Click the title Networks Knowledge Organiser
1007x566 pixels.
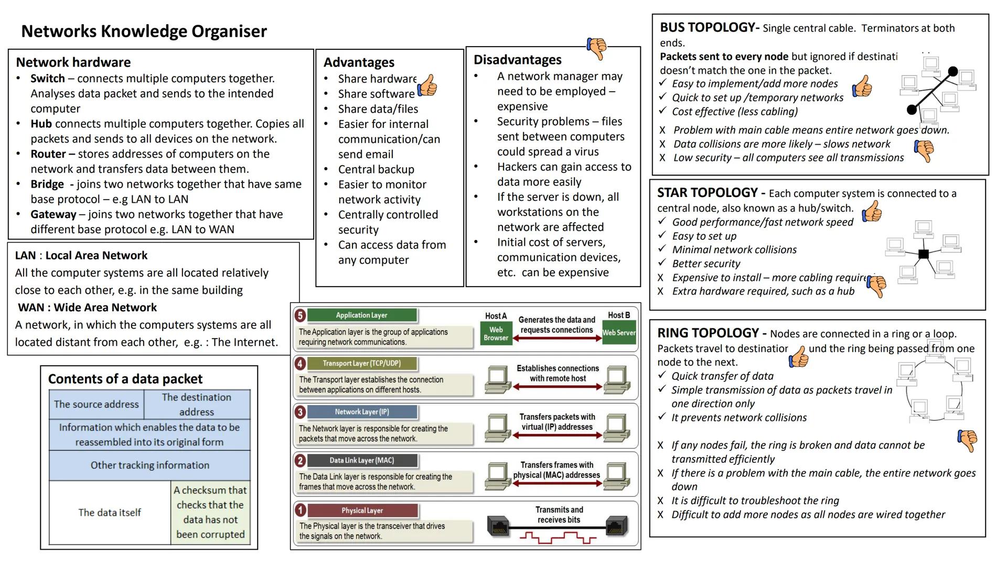point(144,31)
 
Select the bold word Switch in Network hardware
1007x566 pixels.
point(48,79)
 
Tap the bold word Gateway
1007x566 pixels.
point(53,214)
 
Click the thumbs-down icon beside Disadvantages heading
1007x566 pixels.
point(596,48)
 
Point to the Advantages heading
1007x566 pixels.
point(359,62)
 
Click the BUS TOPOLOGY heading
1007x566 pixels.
point(706,27)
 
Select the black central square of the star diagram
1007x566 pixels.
point(924,254)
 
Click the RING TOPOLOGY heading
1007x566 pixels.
point(708,333)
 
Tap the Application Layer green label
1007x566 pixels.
point(362,315)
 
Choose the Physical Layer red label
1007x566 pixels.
point(362,510)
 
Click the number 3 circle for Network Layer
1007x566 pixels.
point(300,412)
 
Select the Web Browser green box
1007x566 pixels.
point(496,333)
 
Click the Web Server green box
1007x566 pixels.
point(619,333)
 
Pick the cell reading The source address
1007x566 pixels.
point(97,404)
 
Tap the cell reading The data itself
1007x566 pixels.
point(110,513)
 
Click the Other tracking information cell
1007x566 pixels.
point(149,465)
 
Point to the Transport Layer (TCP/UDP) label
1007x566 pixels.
point(362,363)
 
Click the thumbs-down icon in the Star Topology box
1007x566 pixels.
point(876,286)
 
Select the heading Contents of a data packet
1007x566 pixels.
point(125,379)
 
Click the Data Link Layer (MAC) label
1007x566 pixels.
point(362,460)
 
